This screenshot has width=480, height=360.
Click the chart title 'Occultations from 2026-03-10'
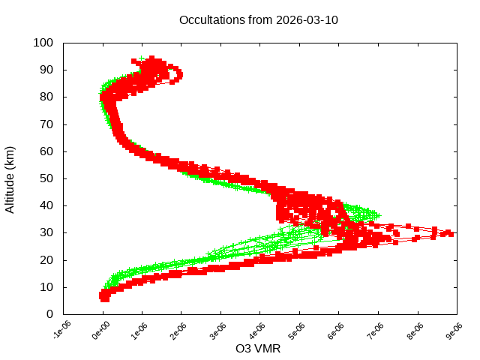259,20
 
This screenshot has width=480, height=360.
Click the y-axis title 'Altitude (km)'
10,178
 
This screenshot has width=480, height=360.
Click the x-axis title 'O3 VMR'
259,348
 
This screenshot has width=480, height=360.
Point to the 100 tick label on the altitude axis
43,43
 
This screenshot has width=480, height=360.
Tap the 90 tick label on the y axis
46,70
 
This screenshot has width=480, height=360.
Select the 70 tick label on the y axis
46,124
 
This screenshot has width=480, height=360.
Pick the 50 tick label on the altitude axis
46,178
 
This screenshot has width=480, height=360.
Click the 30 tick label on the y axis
46,232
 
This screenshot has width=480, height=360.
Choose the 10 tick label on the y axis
46,287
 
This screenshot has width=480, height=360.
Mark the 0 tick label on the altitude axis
49,314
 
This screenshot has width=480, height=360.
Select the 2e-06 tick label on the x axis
179,331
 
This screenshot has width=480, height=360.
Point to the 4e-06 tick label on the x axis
258,331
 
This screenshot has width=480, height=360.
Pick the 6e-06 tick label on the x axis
337,331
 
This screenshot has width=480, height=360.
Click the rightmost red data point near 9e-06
448,233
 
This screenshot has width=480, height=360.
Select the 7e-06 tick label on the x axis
376,331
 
